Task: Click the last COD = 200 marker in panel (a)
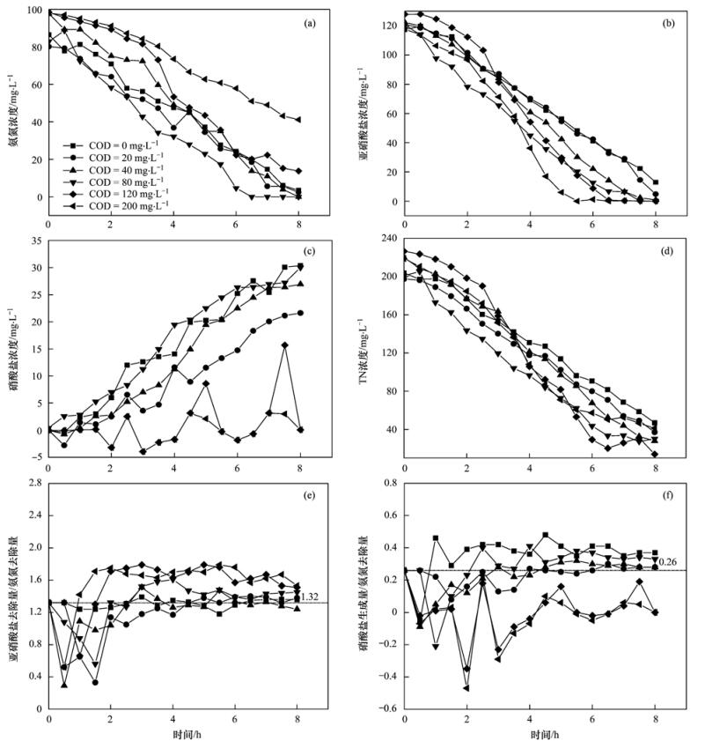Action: [x=299, y=120]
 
